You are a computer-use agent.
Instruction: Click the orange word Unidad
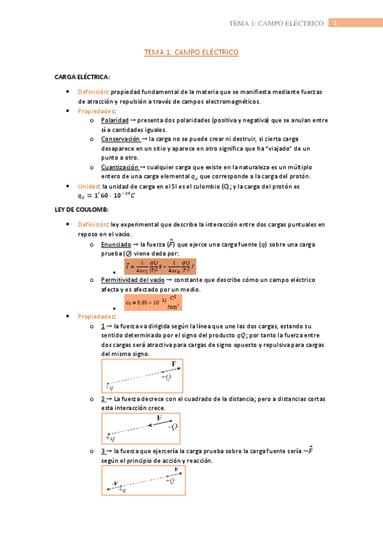coord(88,186)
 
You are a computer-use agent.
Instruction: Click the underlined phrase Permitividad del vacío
coord(132,280)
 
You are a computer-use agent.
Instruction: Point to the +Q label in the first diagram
coord(166,378)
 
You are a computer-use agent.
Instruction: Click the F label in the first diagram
coord(173,364)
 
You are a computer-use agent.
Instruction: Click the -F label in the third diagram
coord(114,483)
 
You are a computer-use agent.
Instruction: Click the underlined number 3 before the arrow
coord(103,451)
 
